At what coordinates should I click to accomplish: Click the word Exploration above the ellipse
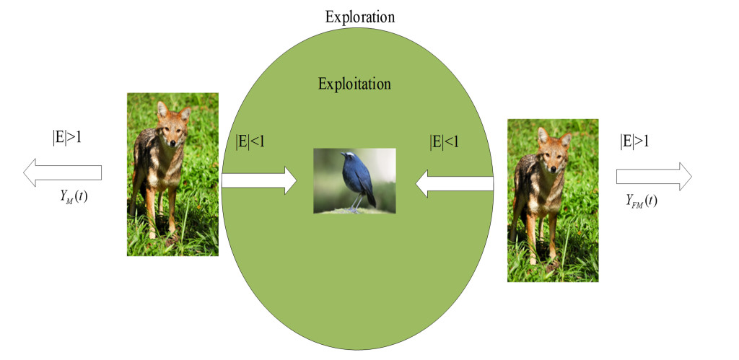point(359,17)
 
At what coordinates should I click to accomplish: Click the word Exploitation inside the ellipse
point(354,84)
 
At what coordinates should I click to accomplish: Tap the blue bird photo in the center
point(354,180)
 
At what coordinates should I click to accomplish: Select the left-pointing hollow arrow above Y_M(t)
point(62,173)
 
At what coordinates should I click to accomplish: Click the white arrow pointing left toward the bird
point(454,183)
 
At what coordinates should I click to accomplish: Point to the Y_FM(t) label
point(642,201)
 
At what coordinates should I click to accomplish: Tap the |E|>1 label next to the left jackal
point(66,138)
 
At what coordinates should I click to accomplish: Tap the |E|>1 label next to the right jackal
point(634,141)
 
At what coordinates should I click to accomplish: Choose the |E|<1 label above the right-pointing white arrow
point(250,142)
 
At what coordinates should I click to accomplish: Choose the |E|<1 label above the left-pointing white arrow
point(444,142)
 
